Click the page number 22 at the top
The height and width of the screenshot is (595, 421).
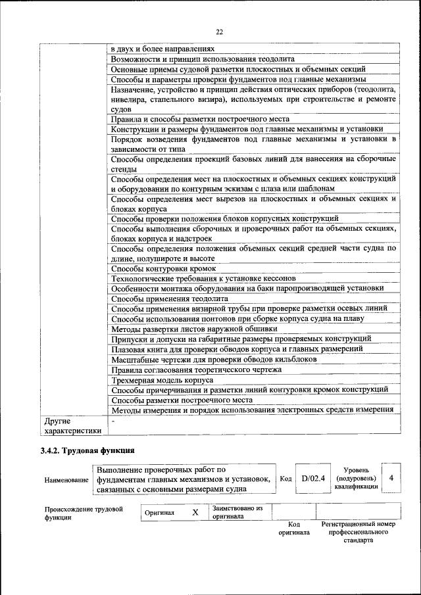(218, 32)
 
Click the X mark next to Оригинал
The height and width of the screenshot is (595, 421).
(195, 512)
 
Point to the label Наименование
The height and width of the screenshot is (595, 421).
(66, 481)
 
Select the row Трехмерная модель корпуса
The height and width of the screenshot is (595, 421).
(162, 380)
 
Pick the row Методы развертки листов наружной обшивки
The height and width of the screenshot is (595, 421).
(187, 328)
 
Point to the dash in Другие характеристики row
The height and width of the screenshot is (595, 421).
(113, 419)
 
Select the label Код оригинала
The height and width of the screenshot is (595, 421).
(294, 528)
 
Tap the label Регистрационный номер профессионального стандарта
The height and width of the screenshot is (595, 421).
(358, 532)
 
